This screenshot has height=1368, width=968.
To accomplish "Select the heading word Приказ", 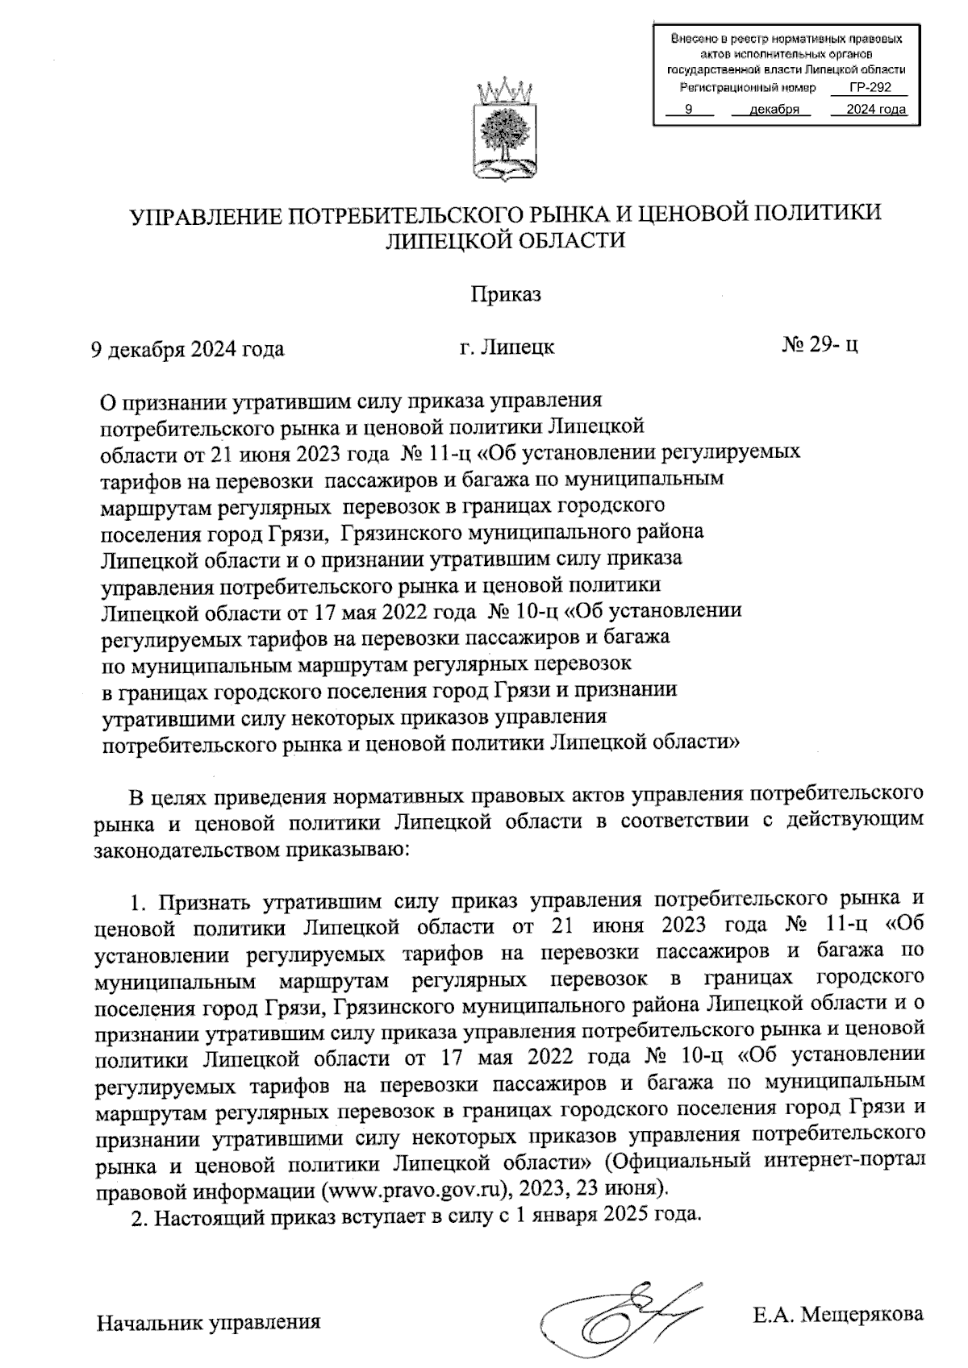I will [x=506, y=294].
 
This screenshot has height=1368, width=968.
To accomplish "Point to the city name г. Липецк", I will [x=506, y=347].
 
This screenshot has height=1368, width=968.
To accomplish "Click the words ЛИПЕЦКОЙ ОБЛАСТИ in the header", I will [x=506, y=240].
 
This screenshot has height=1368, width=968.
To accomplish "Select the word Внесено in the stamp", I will [x=691, y=38].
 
